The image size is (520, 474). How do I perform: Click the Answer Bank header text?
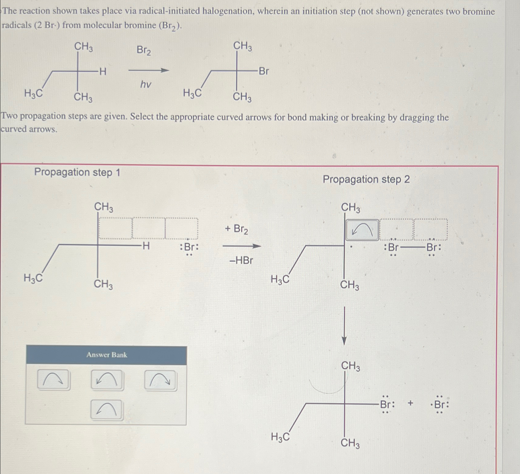(107, 355)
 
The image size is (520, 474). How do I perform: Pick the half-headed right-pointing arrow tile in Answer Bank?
(54, 380)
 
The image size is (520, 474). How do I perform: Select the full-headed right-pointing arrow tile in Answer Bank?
(160, 380)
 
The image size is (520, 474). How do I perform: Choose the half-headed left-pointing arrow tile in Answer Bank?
(107, 409)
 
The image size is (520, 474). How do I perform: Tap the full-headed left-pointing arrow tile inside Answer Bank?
(107, 380)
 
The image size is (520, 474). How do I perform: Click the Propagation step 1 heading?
(77, 172)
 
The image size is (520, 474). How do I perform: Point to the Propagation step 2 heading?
(366, 179)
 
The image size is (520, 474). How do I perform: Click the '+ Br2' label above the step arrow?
(236, 229)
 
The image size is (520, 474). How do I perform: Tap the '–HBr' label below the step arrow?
(241, 260)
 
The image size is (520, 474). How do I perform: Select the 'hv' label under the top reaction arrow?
(146, 84)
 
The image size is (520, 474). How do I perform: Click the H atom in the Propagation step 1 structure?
(146, 245)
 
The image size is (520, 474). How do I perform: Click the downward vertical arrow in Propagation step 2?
(344, 326)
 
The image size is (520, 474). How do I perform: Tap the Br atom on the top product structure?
(264, 71)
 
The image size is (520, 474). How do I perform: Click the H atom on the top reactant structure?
(103, 72)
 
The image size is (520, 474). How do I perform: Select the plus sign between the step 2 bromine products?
(410, 403)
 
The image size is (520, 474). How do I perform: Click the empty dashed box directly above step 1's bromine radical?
(181, 228)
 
